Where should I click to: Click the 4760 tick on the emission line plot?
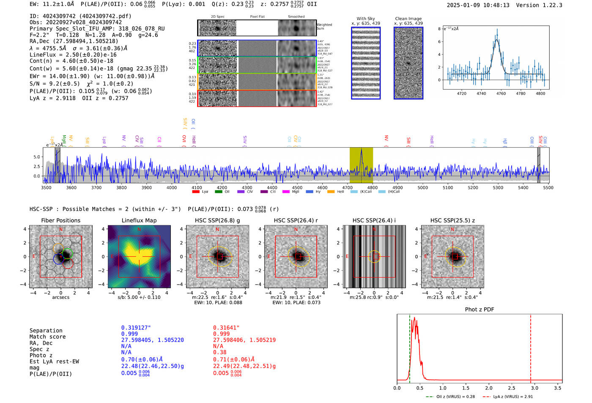(501, 93)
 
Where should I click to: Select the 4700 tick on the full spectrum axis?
(347, 187)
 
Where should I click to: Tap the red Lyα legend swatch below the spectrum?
(196, 192)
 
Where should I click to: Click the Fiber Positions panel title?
(60, 220)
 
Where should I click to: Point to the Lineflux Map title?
(139, 220)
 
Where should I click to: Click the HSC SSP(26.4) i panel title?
(374, 220)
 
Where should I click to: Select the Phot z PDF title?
(480, 309)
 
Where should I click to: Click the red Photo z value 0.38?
(219, 352)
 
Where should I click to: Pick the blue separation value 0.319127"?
(136, 327)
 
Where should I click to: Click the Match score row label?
(47, 337)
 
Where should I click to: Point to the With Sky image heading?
(365, 19)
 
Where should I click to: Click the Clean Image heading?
(408, 19)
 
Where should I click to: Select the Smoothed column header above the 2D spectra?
(296, 16)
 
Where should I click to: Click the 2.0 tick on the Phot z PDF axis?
(489, 388)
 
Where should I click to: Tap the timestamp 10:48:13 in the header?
(496, 5)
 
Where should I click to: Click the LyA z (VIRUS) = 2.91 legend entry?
(513, 397)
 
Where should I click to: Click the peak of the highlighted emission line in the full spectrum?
(361, 150)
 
